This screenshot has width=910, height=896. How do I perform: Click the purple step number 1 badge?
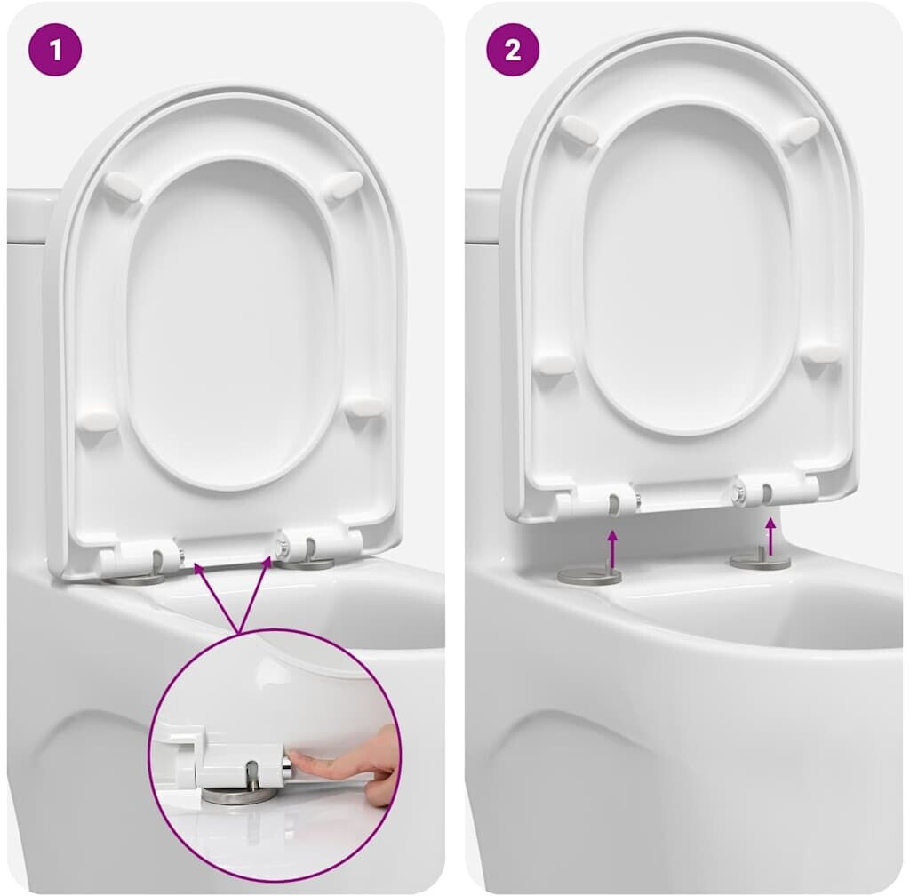point(55,49)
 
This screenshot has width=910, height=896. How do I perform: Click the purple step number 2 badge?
point(513,49)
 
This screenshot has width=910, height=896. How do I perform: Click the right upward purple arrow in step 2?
point(770,536)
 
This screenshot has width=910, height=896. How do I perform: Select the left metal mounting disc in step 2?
point(590,575)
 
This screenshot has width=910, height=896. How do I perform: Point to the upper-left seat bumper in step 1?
point(123,187)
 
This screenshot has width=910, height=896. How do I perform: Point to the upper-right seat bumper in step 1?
point(343,186)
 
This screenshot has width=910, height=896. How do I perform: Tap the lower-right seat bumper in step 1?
point(365,406)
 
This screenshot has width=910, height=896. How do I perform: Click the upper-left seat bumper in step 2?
point(580,130)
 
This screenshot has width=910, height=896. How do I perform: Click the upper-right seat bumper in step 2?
point(801,130)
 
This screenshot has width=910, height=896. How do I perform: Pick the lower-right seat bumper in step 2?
point(822,354)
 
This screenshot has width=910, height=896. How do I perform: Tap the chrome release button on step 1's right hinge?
point(282,546)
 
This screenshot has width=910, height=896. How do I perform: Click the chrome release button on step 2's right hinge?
point(740,492)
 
